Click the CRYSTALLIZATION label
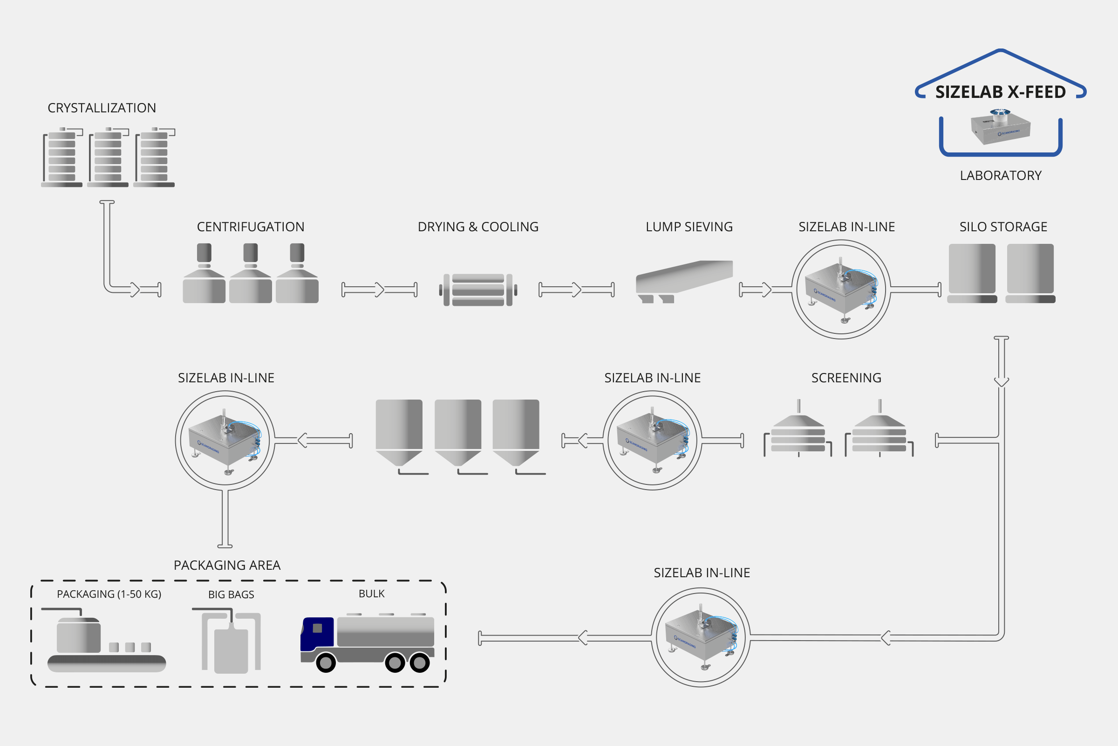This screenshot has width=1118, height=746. pyautogui.click(x=102, y=108)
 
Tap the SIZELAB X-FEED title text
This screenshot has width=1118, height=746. pyautogui.click(x=1001, y=92)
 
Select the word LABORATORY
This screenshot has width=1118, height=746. pyautogui.click(x=1001, y=176)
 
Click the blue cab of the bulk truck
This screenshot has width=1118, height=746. pyautogui.click(x=317, y=634)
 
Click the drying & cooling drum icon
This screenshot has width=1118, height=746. pyautogui.click(x=478, y=290)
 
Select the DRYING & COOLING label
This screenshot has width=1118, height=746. pyautogui.click(x=478, y=227)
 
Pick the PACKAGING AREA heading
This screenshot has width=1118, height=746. pyautogui.click(x=227, y=565)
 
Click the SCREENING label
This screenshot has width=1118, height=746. pyautogui.click(x=846, y=378)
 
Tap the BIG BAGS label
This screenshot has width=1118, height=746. pyautogui.click(x=231, y=595)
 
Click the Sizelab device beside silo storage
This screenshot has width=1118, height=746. pyautogui.click(x=841, y=290)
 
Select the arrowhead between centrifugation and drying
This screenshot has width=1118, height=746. pyautogui.click(x=379, y=289)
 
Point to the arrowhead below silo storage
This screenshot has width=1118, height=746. pyautogui.click(x=1001, y=381)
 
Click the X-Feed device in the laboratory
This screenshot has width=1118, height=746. pyautogui.click(x=1000, y=126)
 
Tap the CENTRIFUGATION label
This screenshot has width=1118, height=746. pyautogui.click(x=251, y=227)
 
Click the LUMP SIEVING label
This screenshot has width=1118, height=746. pyautogui.click(x=689, y=227)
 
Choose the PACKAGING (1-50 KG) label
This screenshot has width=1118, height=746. pyautogui.click(x=109, y=594)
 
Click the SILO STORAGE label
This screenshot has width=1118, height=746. pyautogui.click(x=1003, y=227)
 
